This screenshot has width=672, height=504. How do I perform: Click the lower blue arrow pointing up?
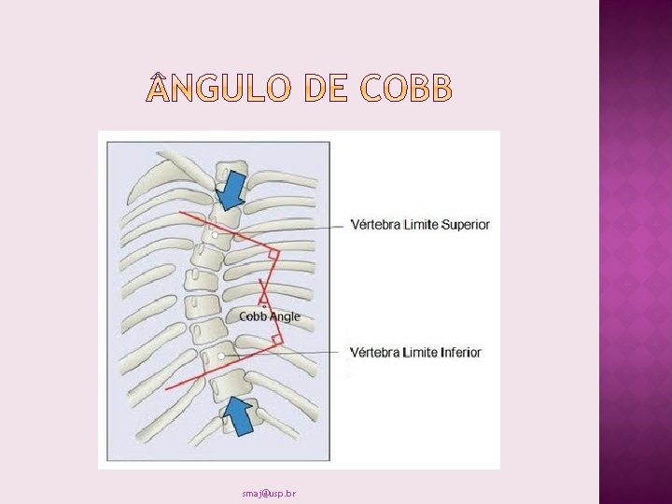(x=239, y=413)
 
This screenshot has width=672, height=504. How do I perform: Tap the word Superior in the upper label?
(x=458, y=225)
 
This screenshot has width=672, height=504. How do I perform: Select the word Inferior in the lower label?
(x=452, y=352)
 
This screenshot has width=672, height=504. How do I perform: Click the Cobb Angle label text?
(x=270, y=316)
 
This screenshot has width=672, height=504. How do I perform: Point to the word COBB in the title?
(x=404, y=90)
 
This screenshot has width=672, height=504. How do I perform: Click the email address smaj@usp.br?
(x=268, y=493)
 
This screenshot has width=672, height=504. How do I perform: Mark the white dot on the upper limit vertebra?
(x=216, y=236)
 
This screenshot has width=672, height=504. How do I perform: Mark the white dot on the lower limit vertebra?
(x=221, y=357)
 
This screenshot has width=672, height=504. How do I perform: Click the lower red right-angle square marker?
(x=276, y=339)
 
